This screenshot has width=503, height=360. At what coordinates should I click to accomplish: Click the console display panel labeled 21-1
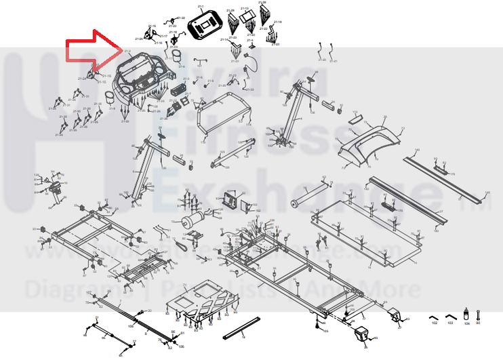(x=205, y=24)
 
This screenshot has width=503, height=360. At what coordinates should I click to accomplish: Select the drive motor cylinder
(x=194, y=220)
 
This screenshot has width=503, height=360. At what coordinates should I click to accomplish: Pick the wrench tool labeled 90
(x=479, y=314)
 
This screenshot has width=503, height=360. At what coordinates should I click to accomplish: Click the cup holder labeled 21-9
(x=176, y=54)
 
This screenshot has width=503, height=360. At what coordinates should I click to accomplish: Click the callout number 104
(x=466, y=324)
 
